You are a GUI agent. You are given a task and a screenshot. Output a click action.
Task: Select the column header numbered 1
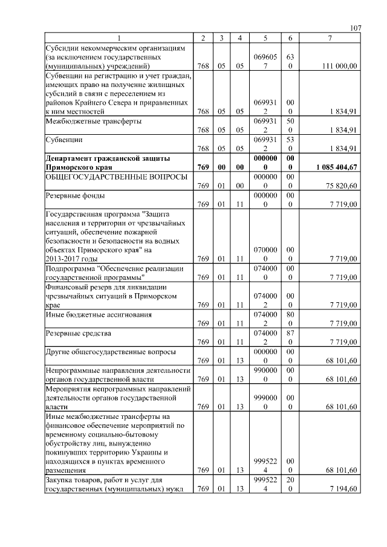(119, 39)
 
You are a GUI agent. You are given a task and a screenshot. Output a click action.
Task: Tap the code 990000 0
(265, 374)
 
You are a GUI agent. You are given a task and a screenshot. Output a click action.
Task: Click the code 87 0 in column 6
(290, 337)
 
